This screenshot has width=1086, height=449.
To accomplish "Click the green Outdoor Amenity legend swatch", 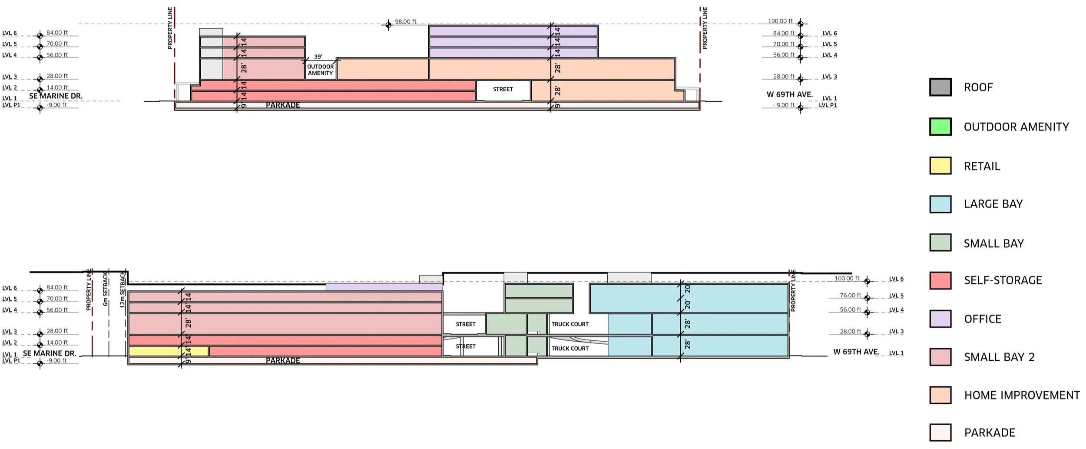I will pyautogui.click(x=940, y=126).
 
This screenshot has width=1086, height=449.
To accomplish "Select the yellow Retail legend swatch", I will pyautogui.click(x=940, y=166).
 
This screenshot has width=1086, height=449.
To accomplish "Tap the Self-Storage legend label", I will pyautogui.click(x=1003, y=280).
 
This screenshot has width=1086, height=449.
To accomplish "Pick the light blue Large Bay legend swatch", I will pyautogui.click(x=940, y=204).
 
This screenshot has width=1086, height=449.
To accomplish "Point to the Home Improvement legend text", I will pyautogui.click(x=1022, y=395).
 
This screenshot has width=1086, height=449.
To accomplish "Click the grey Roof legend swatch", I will pyautogui.click(x=940, y=87).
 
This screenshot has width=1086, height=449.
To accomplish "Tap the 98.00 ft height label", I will pyautogui.click(x=405, y=22).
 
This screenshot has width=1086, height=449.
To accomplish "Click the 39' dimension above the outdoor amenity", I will pyautogui.click(x=318, y=57).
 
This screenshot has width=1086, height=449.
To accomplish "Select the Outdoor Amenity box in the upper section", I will pyautogui.click(x=321, y=70).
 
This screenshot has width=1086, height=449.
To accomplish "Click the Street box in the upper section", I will pyautogui.click(x=503, y=90).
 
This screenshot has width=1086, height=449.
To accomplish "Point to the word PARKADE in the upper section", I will pyautogui.click(x=283, y=105).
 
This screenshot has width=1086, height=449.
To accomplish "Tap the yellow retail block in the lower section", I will pyautogui.click(x=168, y=351).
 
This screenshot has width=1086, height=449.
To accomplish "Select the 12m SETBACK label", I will pyautogui.click(x=123, y=290).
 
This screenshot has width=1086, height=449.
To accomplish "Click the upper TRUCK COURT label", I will pyautogui.click(x=570, y=324).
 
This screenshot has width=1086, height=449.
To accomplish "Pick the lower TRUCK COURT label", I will pyautogui.click(x=570, y=349).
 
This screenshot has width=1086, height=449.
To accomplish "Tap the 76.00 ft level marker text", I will pyautogui.click(x=850, y=296).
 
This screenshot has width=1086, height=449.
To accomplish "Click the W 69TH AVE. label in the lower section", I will pyautogui.click(x=856, y=352).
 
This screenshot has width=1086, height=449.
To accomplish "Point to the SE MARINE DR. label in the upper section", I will pyautogui.click(x=56, y=96).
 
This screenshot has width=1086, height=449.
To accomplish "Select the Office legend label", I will pyautogui.click(x=983, y=319).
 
